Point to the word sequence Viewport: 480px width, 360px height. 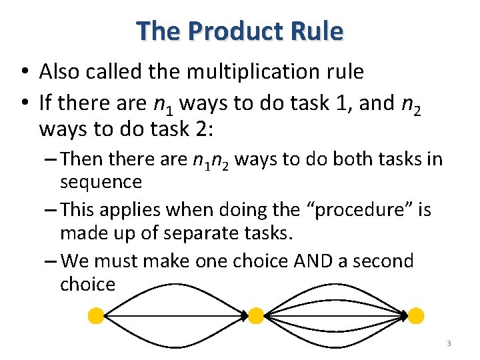(101, 181)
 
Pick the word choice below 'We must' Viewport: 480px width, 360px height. (87, 285)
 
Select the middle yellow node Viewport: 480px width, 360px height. (256, 315)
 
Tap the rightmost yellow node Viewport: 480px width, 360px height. (416, 315)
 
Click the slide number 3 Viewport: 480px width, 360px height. (449, 343)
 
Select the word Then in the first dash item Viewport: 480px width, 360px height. (81, 160)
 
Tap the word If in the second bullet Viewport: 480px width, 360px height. (46, 103)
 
